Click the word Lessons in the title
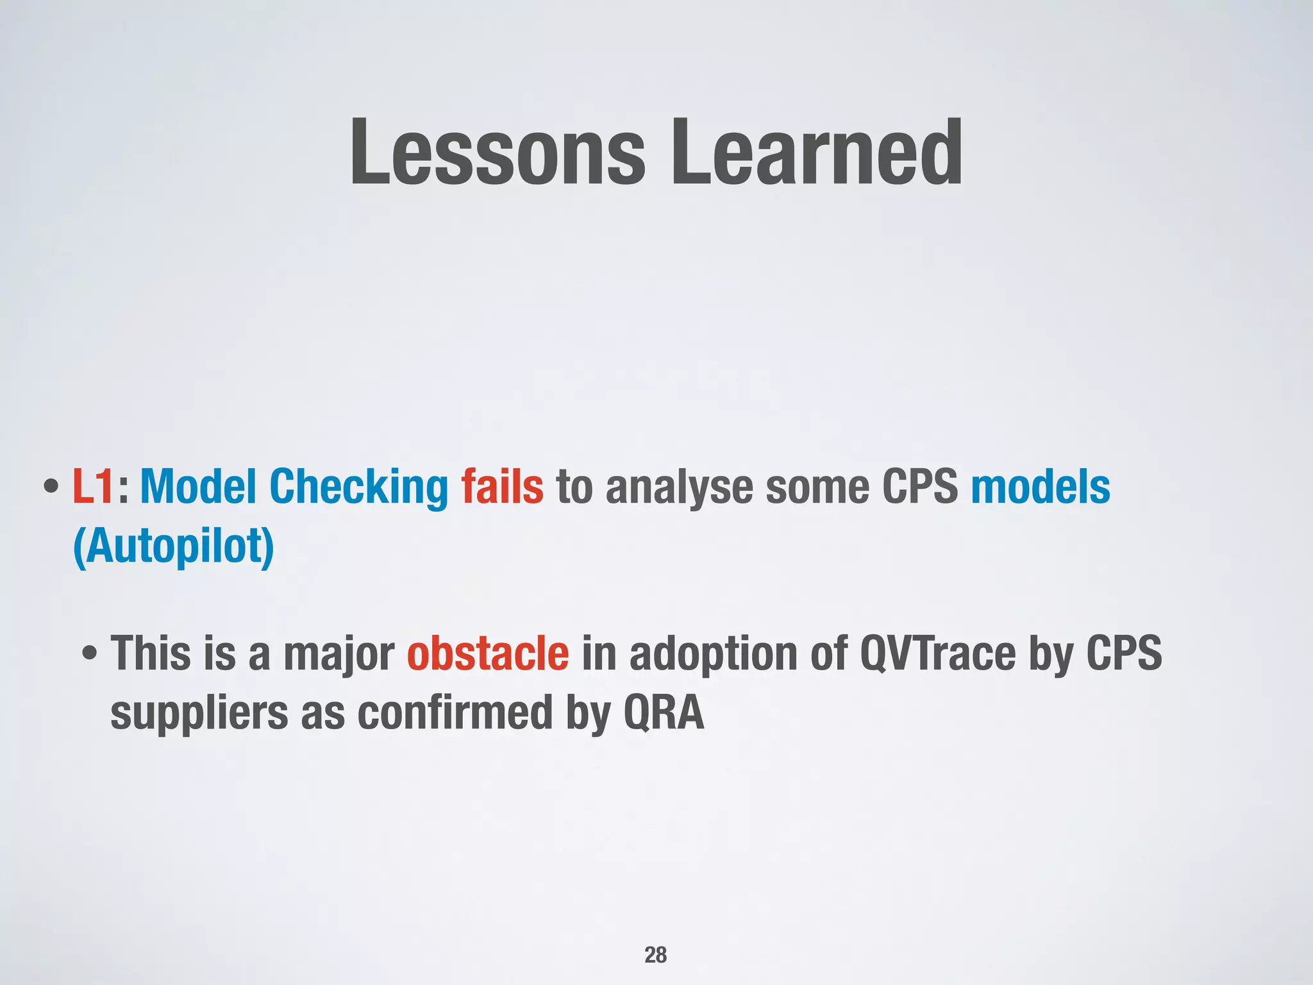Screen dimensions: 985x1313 pos(498,153)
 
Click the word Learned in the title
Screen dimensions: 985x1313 pos(815,153)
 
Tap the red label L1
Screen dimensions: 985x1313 pos(93,487)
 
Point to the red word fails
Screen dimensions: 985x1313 pos(502,487)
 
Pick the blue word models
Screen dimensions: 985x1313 pos(1040,487)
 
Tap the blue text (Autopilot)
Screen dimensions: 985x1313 pos(174,547)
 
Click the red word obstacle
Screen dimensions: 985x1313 pos(487,653)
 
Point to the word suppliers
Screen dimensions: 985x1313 pos(199,714)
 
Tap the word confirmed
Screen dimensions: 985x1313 pos(455,712)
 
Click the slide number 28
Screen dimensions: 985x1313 pos(655,955)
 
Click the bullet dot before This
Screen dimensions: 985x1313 pos(90,655)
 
